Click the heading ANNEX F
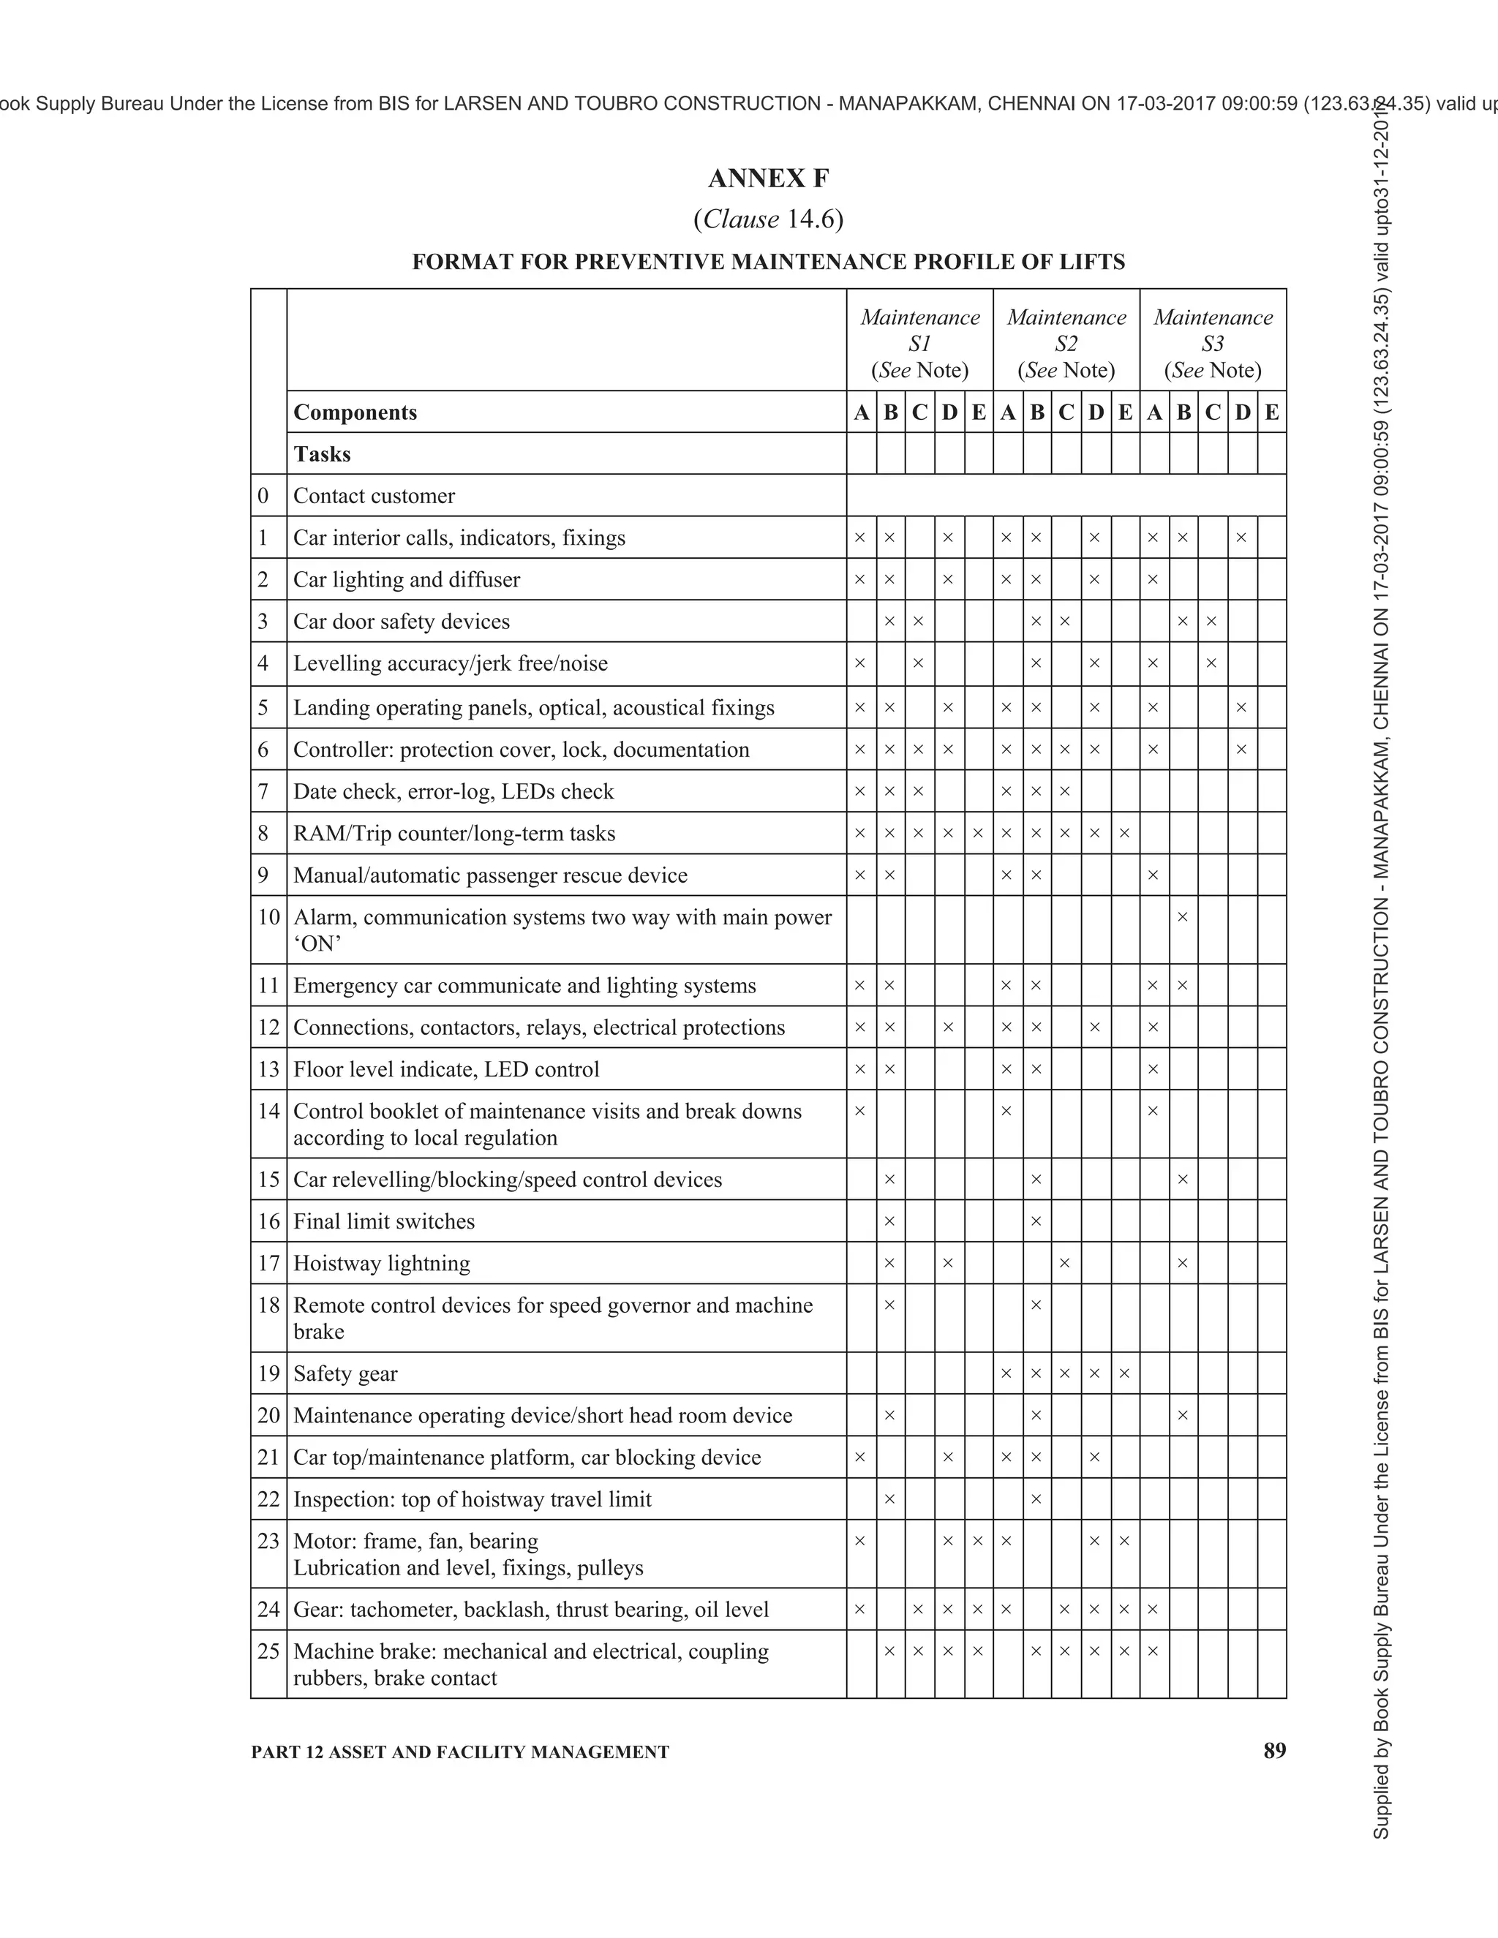coord(769,179)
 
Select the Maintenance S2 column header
coord(1066,344)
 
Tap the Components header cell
coord(355,412)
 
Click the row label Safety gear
coord(345,1373)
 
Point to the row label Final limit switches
coord(383,1222)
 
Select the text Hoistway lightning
coord(382,1264)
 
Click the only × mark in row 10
coord(1182,916)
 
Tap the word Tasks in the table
coord(322,454)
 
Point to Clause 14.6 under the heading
coord(769,219)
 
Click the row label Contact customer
coord(374,496)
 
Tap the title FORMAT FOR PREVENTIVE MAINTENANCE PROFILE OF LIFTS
coord(769,263)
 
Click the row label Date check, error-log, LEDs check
coord(453,791)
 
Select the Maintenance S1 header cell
coord(919,344)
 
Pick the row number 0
coord(263,496)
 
